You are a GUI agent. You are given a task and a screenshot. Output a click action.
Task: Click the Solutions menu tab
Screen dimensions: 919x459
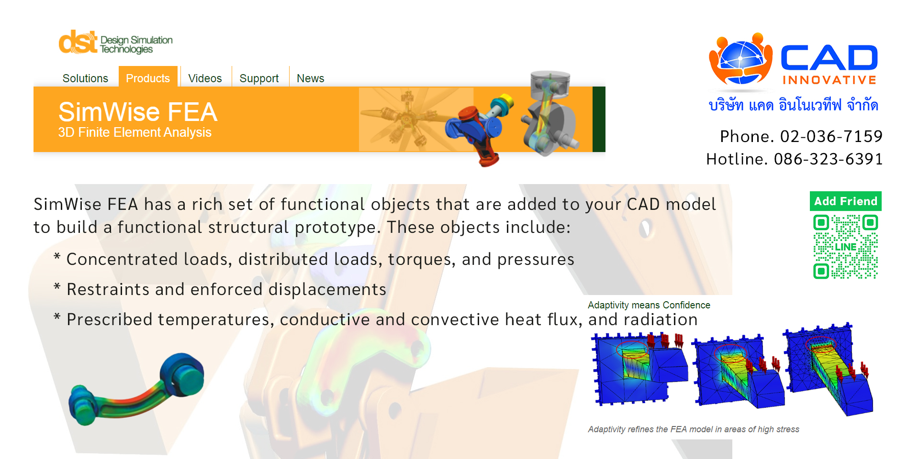point(85,78)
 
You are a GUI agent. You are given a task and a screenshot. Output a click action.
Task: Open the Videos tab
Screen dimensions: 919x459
point(205,78)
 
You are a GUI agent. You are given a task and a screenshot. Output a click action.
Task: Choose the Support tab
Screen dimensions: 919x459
point(259,78)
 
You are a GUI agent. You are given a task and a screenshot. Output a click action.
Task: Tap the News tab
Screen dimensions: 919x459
point(310,78)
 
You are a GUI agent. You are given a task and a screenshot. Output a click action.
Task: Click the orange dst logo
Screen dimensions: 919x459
point(78,42)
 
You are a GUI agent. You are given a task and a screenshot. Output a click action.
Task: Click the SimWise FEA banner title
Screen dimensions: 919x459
point(138,112)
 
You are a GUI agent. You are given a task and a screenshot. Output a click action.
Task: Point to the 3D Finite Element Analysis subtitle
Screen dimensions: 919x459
point(134,132)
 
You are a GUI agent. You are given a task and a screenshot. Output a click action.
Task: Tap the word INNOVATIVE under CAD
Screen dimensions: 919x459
point(829,80)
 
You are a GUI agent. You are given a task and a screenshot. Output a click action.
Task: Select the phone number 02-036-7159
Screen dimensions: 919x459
point(831,136)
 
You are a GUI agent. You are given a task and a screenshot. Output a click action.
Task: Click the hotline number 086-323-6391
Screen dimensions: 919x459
point(828,159)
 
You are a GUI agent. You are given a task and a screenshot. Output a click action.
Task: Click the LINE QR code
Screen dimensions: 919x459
point(846,247)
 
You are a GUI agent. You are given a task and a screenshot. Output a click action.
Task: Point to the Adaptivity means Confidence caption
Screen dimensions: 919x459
point(649,305)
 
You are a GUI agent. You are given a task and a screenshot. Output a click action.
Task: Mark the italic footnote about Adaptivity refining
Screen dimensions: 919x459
point(694,429)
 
